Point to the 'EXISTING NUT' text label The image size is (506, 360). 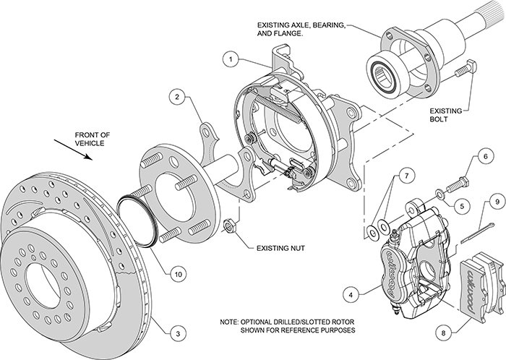[x=282, y=248]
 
